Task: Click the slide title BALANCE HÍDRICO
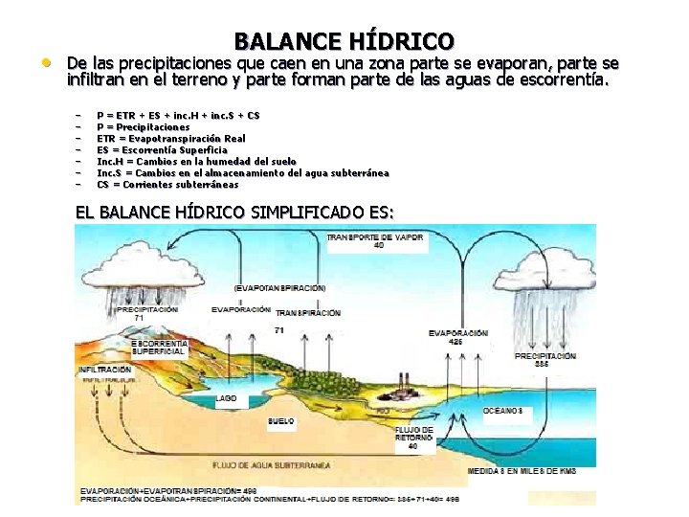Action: click(x=344, y=41)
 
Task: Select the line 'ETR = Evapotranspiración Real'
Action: click(x=170, y=138)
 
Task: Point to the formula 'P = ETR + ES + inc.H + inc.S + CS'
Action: click(x=178, y=115)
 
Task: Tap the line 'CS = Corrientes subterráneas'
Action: click(x=167, y=184)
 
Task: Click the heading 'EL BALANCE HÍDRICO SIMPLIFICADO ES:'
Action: click(x=234, y=211)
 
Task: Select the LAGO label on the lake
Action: click(x=227, y=397)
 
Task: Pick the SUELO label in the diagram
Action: click(x=281, y=420)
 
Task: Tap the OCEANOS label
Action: click(x=502, y=410)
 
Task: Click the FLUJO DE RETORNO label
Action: click(x=413, y=438)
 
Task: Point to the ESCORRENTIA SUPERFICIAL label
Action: click(x=158, y=347)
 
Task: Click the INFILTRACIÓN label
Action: click(x=105, y=369)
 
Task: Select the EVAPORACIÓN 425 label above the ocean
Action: click(x=458, y=336)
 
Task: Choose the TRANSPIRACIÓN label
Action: click(x=308, y=313)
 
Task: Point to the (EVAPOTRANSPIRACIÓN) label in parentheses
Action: click(x=279, y=287)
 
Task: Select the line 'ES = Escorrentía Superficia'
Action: click(x=162, y=149)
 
